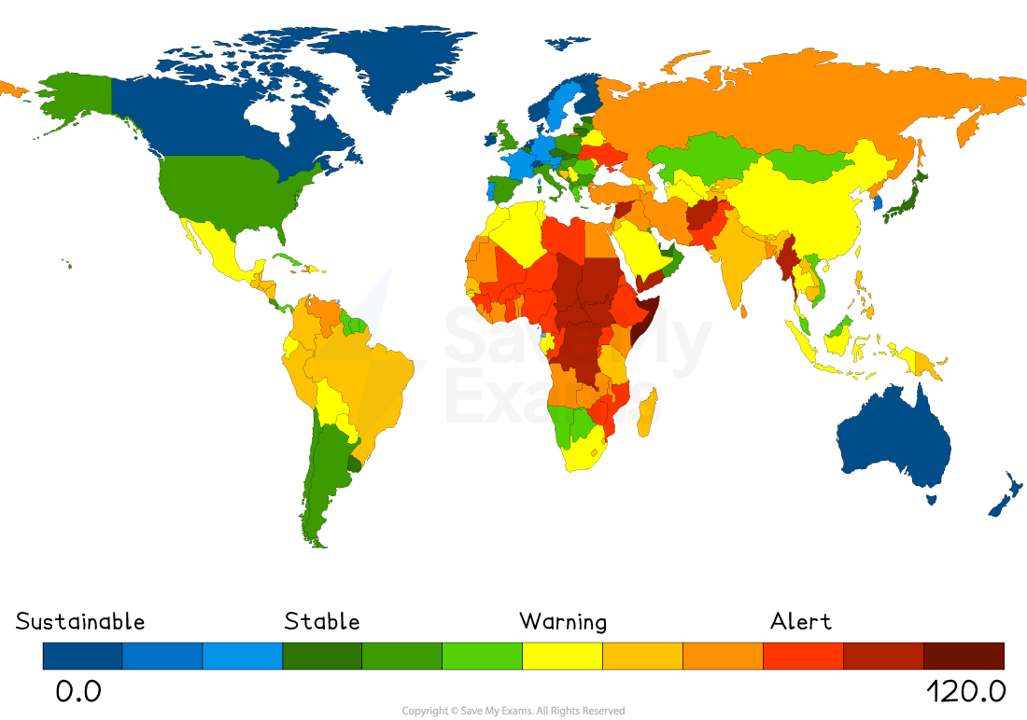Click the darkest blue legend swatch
(x=82, y=656)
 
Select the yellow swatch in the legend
(x=562, y=656)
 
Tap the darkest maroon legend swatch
(x=964, y=656)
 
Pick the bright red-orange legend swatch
(x=803, y=656)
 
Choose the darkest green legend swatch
(x=322, y=656)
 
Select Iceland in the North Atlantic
(x=460, y=95)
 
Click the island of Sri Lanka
(x=744, y=312)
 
